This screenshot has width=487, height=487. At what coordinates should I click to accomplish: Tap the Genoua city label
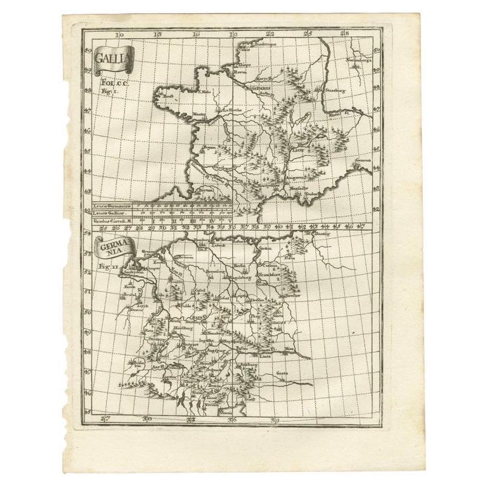(363, 161)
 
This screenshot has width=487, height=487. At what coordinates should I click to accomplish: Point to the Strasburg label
(337, 91)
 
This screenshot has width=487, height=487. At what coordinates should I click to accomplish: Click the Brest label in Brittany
(168, 97)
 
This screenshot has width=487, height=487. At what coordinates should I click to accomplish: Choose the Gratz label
(282, 373)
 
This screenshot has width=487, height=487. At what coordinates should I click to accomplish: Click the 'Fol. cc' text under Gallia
(108, 81)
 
